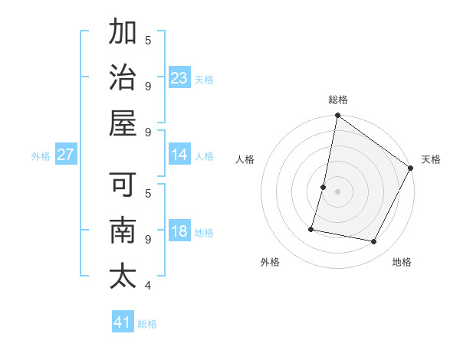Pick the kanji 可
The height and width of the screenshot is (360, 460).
point(123,185)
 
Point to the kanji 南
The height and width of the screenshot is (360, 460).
point(123,231)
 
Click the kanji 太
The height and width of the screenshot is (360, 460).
point(123,277)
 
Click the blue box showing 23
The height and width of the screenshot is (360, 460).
point(179,78)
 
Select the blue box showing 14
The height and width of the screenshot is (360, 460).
point(179,155)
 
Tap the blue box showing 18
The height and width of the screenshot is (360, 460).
point(179,231)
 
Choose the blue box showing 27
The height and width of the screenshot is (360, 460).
point(66,155)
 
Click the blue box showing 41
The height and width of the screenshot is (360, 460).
point(123,322)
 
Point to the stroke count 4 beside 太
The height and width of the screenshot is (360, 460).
point(148,286)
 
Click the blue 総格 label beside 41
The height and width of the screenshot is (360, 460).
point(147,324)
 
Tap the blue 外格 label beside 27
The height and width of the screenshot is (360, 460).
point(41,156)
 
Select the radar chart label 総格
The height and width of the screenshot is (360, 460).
point(338,100)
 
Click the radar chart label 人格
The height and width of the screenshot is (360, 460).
point(245,159)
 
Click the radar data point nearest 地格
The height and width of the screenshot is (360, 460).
point(374,242)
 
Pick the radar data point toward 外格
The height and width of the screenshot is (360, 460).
point(312,228)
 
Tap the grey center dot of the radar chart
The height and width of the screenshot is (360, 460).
point(338,191)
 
